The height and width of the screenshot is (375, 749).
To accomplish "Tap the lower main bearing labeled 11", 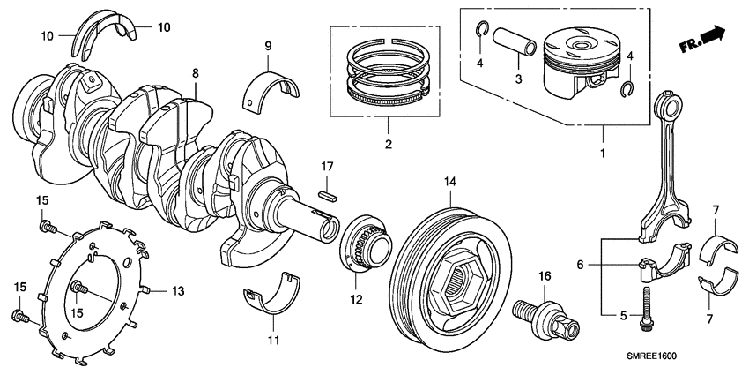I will (275, 296).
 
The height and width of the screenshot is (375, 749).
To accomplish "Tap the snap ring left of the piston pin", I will (483, 32).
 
